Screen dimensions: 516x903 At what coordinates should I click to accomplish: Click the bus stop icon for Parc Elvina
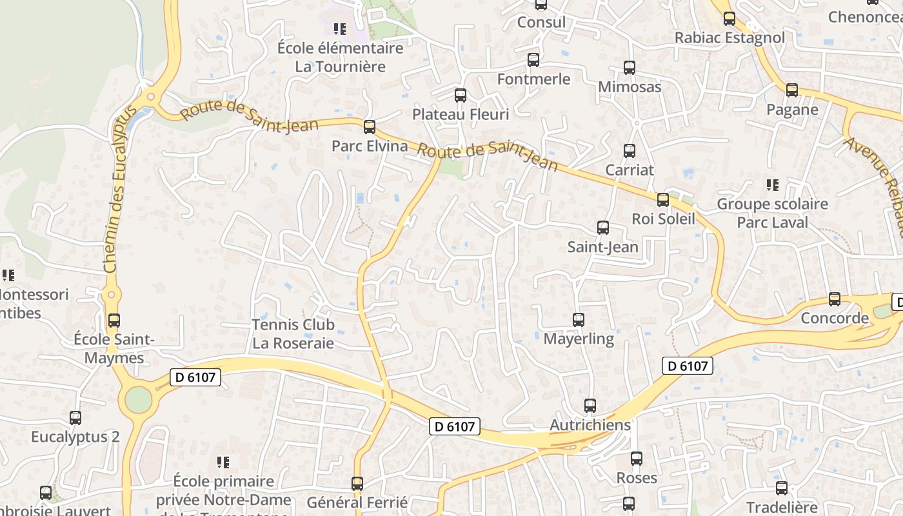(370, 127)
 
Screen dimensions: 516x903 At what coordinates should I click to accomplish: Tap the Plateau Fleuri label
(461, 114)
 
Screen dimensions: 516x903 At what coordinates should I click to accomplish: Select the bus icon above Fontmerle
(533, 60)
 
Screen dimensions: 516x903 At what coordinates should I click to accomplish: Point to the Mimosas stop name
(630, 86)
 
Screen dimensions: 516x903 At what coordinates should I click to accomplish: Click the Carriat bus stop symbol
(630, 151)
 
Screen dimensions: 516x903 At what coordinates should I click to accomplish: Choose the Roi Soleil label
(663, 219)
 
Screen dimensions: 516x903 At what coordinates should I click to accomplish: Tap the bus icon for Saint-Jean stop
(603, 228)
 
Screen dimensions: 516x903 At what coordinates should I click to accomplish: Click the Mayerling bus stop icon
(579, 320)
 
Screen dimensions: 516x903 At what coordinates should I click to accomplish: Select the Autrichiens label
(590, 425)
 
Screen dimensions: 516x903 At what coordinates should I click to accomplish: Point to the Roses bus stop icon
(637, 459)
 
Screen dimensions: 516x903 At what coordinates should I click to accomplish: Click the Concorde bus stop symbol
(835, 299)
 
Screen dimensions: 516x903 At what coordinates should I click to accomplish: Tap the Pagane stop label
(792, 110)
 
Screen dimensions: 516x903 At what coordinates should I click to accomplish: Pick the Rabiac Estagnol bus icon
(729, 19)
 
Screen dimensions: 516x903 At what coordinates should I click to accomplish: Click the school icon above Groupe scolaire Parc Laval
(773, 186)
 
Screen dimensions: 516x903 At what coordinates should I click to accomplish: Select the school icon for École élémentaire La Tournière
(340, 29)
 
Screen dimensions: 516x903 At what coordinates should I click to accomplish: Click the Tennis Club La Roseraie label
(293, 333)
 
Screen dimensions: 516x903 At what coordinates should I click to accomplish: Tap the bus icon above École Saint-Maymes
(114, 320)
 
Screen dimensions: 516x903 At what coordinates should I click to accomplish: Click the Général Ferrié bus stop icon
(357, 483)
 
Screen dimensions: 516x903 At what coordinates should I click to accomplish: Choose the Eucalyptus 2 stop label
(75, 437)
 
